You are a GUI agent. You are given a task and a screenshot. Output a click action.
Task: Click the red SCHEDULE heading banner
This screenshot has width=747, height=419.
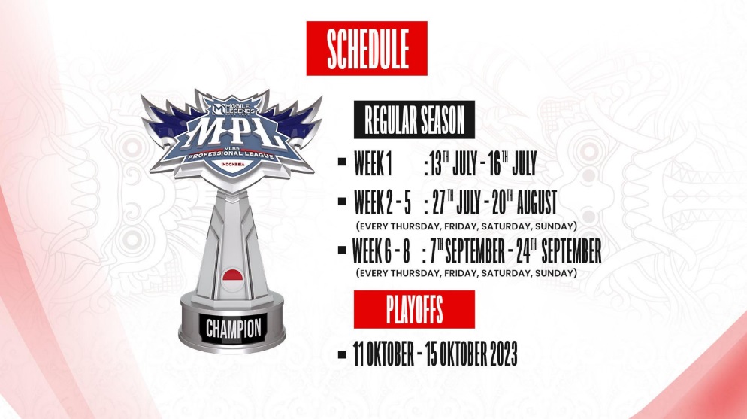coord(367,48)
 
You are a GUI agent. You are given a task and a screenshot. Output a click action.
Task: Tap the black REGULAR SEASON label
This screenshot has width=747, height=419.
coord(415,120)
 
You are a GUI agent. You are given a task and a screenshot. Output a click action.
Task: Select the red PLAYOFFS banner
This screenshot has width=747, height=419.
coord(414,309)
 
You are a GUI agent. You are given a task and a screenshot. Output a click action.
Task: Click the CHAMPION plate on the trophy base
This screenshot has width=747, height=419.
coord(234,328)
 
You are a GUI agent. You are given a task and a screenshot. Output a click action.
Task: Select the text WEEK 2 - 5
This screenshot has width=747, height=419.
coord(383,202)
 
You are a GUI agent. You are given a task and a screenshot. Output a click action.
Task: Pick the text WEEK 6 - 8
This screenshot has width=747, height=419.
coord(382,250)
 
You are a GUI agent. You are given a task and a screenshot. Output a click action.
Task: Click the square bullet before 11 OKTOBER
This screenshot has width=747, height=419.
coord(342,354)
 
